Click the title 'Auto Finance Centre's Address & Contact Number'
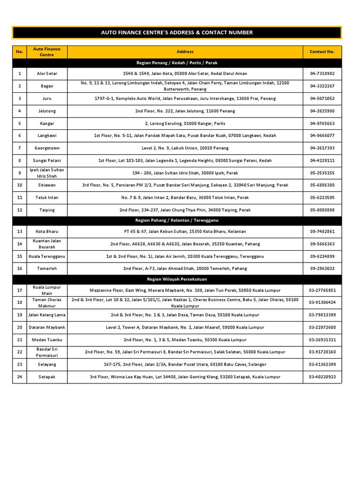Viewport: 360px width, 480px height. (x=177, y=32)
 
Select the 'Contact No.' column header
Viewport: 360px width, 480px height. (x=322, y=52)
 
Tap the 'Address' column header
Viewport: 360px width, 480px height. (x=185, y=52)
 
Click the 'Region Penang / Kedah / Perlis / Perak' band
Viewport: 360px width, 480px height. (x=177, y=62)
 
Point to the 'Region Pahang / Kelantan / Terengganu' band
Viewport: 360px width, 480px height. (x=177, y=220)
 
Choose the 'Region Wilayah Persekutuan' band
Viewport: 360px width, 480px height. (x=177, y=279)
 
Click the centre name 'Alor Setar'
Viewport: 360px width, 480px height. (x=47, y=74)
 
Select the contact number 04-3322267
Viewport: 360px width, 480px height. (x=322, y=86)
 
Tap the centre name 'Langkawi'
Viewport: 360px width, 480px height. (x=47, y=135)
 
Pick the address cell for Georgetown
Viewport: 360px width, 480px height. (x=185, y=148)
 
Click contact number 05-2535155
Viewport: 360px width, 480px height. (x=322, y=172)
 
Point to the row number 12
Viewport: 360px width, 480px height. (x=20, y=210)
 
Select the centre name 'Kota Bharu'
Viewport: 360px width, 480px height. (x=47, y=232)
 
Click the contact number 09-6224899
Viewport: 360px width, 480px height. (x=322, y=256)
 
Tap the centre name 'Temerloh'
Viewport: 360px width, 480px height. (x=47, y=269)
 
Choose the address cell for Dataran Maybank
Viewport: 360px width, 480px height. (x=185, y=327)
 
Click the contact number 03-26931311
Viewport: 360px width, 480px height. (x=322, y=339)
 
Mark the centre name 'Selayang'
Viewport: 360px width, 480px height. (x=47, y=364)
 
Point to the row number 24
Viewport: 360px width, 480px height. (x=20, y=376)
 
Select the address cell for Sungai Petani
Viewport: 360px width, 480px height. (x=185, y=160)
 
